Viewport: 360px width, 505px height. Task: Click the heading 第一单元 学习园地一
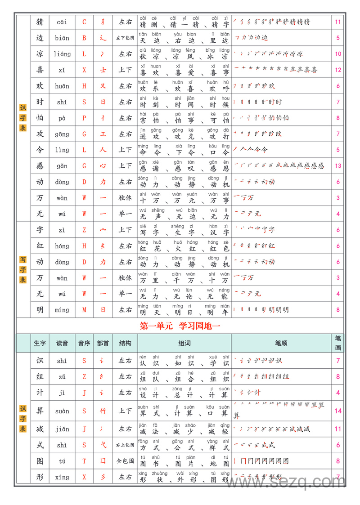click(180, 326)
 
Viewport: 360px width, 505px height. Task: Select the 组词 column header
click(184, 343)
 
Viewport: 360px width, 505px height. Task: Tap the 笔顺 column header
click(281, 343)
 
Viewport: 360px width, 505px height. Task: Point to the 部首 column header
click(103, 343)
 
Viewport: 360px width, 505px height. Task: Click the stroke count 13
click(338, 166)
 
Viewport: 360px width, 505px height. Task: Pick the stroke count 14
click(338, 411)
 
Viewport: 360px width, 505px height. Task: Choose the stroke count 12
click(338, 70)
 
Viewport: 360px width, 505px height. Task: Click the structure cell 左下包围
click(125, 38)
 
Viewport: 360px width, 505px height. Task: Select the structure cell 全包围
click(125, 461)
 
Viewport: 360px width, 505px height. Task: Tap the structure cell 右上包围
click(125, 445)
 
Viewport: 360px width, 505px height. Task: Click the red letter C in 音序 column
click(84, 22)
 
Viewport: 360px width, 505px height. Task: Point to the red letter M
click(84, 310)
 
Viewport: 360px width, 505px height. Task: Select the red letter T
click(84, 461)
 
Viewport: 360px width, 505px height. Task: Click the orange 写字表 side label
click(23, 270)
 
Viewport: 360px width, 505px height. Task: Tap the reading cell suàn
click(62, 411)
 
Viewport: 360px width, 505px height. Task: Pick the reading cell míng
click(62, 310)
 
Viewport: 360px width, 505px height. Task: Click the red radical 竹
click(103, 411)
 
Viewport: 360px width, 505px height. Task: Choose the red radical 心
click(103, 166)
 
